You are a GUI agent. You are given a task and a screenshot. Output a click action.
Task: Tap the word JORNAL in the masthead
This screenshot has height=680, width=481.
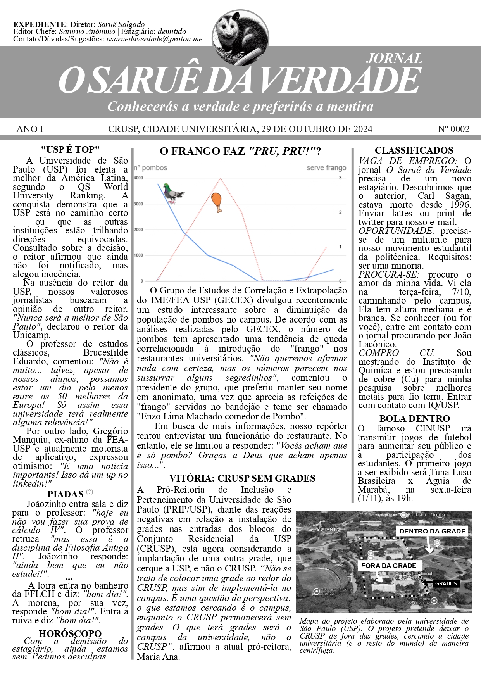[x=394, y=58]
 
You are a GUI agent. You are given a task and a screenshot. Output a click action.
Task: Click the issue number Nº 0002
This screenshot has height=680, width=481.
[x=453, y=129]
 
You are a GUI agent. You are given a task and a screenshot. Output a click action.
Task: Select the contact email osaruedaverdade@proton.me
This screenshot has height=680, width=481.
[x=154, y=39]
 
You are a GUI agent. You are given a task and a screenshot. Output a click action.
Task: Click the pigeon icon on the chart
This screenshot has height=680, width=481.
[x=172, y=193]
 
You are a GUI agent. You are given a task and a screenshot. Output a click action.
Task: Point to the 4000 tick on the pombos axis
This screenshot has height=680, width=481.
[x=138, y=178]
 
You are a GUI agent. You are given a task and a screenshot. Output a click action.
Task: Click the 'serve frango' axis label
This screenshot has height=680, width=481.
[x=326, y=168]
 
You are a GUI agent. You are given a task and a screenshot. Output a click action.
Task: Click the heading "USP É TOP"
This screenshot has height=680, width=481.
[x=70, y=150]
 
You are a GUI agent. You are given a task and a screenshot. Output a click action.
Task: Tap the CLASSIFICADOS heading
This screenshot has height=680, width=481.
[x=414, y=150]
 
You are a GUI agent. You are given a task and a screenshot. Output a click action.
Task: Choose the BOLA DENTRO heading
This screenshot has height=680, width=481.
[x=414, y=419]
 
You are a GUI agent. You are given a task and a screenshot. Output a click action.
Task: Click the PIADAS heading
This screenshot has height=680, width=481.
[x=66, y=494]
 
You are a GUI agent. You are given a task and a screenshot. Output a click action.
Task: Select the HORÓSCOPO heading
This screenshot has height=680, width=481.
[x=70, y=633]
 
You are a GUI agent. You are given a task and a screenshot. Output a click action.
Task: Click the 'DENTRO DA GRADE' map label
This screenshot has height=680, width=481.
[x=432, y=531]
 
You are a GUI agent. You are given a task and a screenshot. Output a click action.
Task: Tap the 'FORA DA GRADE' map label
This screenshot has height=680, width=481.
[x=388, y=566]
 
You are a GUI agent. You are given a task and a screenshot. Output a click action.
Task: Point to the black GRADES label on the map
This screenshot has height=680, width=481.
[x=446, y=583]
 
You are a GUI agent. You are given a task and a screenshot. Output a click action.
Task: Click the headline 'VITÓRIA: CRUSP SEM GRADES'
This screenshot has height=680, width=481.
[x=242, y=478]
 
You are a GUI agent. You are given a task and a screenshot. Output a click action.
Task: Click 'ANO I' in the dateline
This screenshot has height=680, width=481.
[x=30, y=129]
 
